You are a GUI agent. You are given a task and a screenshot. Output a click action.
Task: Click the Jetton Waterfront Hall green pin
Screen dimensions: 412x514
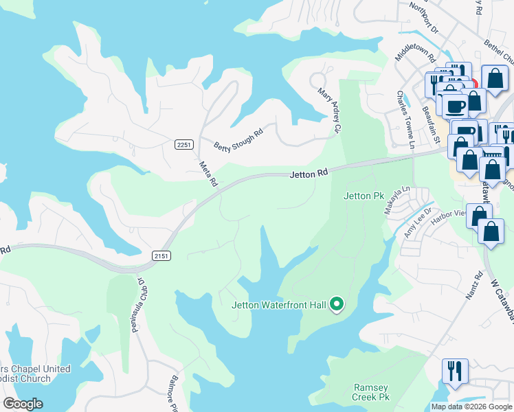coord(337,304)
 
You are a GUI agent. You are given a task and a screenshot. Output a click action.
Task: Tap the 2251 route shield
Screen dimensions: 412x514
coord(184,144)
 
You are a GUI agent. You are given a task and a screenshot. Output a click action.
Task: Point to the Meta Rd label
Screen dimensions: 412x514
coord(208,174)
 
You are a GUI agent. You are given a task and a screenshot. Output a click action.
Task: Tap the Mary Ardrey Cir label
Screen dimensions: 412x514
coord(328,110)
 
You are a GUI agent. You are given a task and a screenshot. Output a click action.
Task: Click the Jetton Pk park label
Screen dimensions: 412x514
coord(364,196)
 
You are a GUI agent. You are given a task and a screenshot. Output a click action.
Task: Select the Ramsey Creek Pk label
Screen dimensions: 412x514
coord(371,393)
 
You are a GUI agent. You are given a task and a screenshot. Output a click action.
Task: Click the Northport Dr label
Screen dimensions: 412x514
coord(424,16)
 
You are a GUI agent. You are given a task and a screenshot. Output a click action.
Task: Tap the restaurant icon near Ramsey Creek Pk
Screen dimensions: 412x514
coord(456,371)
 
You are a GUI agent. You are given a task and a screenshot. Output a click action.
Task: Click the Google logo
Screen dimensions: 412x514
coord(23,404)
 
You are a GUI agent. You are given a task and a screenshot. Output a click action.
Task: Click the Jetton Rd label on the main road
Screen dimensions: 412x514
coord(307,175)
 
